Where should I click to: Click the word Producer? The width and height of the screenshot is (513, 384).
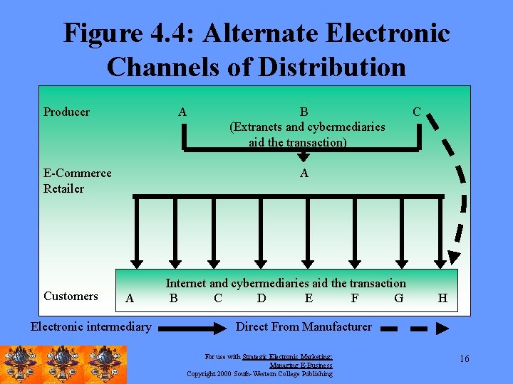(66, 112)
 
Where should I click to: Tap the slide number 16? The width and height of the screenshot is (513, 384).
(464, 358)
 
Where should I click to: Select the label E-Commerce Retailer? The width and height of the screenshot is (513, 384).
(77, 181)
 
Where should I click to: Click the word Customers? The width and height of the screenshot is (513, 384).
(71, 296)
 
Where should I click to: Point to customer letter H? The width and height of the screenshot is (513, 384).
(442, 299)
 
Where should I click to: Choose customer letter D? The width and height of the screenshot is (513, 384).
(261, 299)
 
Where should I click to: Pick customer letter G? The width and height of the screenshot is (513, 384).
(398, 299)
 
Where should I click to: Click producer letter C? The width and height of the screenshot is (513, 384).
(417, 112)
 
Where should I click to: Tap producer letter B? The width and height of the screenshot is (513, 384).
(304, 112)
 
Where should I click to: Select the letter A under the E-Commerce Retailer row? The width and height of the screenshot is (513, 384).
(304, 174)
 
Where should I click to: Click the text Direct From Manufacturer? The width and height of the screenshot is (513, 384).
(304, 327)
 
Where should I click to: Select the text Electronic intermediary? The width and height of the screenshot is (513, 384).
(90, 327)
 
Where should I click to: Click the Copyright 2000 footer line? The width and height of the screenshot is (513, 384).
(259, 373)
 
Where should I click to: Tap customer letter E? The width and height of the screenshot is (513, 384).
(309, 299)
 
